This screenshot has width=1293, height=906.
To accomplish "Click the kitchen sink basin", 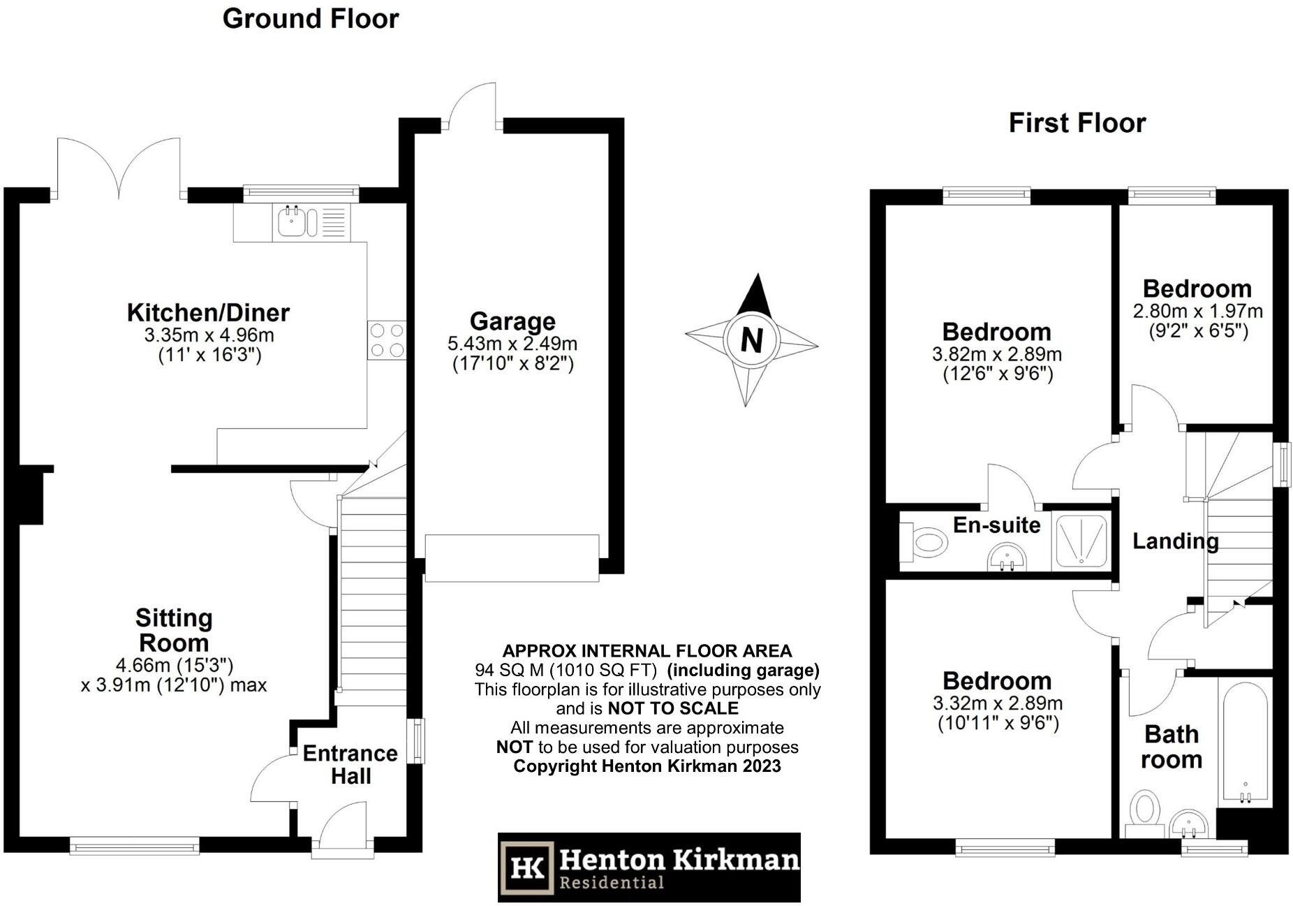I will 290,221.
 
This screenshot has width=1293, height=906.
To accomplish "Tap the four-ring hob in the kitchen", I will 387,339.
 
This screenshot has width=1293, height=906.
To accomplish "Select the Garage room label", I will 512,321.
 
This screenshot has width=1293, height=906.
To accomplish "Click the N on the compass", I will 751,340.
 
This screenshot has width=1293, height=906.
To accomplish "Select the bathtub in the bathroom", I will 1245,744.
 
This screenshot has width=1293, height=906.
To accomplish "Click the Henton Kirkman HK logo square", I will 528,867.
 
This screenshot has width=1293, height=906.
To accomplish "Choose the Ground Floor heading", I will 311,19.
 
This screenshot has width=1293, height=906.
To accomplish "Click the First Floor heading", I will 1077,123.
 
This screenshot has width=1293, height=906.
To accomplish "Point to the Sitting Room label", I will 173,630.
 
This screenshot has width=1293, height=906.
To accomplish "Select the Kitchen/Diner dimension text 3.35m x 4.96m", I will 209,335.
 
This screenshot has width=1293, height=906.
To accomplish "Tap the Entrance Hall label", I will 350,764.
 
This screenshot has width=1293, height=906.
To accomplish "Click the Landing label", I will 1175,541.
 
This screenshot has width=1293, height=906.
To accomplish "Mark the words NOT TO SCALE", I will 672,708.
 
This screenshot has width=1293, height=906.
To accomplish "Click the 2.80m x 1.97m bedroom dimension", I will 1197,311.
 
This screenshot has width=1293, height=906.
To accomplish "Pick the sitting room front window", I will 134,847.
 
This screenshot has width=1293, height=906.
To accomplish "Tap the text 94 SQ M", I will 509,671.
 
